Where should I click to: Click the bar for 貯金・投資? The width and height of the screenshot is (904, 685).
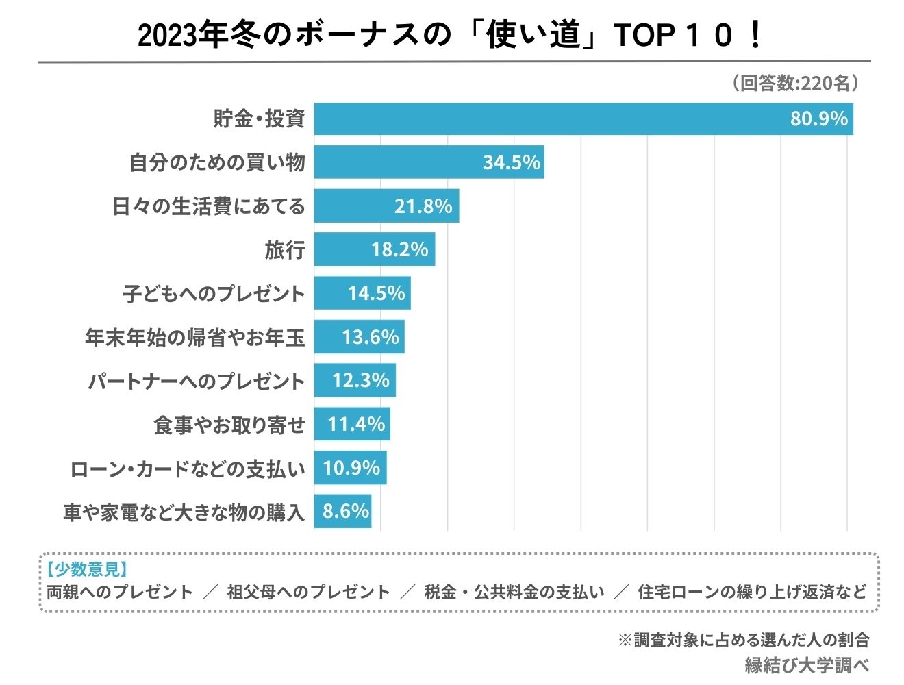tap(548, 119)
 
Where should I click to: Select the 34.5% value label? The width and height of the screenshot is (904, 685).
tap(511, 162)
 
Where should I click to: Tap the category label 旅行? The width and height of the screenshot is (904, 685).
tap(285, 250)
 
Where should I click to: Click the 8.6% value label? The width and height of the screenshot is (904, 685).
tap(346, 512)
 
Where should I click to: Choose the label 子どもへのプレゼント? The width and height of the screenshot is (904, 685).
tap(214, 294)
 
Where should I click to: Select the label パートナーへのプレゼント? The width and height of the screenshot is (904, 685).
tap(197, 382)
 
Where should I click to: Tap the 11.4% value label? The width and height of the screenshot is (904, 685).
tap(356, 425)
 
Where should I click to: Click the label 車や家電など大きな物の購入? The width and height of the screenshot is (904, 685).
tap(184, 512)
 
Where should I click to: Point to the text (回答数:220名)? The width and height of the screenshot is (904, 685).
tap(795, 84)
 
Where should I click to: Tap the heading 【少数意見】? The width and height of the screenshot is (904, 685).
tap(87, 569)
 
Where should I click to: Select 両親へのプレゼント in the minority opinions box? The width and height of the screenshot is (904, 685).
tap(120, 592)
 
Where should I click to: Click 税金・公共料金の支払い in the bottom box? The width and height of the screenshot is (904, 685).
tap(514, 592)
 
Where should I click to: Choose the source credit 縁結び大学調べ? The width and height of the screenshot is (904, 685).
tap(807, 664)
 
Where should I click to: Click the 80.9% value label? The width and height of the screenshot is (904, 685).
tap(818, 119)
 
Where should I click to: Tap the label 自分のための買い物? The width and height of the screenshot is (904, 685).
tap(217, 163)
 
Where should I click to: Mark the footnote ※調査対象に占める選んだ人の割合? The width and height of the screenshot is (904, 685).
tap(744, 640)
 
